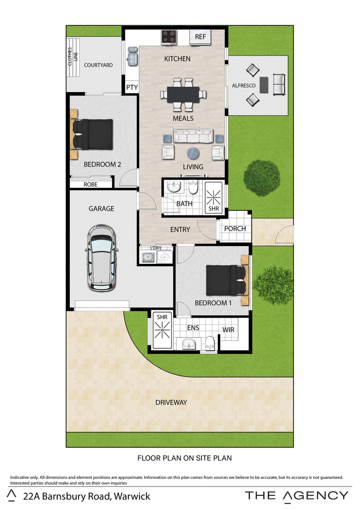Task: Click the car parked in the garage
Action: [101, 257]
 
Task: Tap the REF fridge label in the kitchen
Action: [200, 37]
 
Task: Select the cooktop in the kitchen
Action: [169, 37]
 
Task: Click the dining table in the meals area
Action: [183, 94]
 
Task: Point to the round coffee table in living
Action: [193, 153]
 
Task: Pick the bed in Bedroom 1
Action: [226, 280]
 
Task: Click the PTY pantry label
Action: [132, 87]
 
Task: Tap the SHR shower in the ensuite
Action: [162, 330]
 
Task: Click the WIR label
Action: [228, 330]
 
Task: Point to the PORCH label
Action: [235, 228]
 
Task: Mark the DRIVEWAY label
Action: [171, 402]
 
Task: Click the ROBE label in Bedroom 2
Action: [90, 184]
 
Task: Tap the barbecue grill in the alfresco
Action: [264, 85]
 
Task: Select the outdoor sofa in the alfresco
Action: [279, 85]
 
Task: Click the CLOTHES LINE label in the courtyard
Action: [72, 57]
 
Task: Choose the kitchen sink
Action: [132, 57]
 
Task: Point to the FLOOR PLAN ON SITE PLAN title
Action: [184, 458]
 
